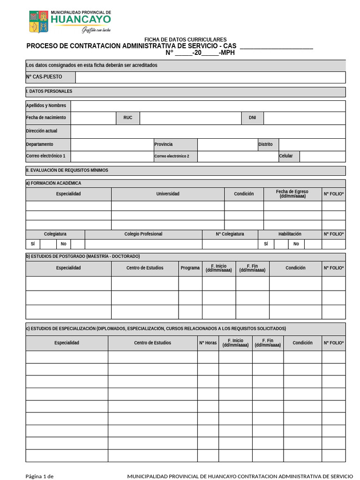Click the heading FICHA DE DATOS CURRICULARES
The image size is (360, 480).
[x=185, y=40]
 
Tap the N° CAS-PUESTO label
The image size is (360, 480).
[x=44, y=77]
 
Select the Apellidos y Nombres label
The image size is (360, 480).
[x=46, y=105]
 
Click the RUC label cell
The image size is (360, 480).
[x=128, y=118]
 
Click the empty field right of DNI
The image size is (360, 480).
[x=304, y=118]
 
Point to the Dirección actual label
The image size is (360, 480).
[x=42, y=131]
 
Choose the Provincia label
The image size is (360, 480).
[x=164, y=144]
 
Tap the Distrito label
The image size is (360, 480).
[x=265, y=144]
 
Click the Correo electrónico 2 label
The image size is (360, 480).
[x=172, y=156]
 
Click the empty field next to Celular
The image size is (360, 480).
[x=322, y=156]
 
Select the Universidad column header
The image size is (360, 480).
[x=168, y=194]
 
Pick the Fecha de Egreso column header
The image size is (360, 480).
[x=292, y=194]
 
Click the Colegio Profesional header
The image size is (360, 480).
[x=143, y=234]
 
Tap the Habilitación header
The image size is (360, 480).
[x=290, y=234]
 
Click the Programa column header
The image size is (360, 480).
[x=190, y=268]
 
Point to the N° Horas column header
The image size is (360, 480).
[x=208, y=343]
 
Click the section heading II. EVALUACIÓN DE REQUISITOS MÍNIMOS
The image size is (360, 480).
[x=67, y=171]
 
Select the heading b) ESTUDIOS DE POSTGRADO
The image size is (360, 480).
[x=83, y=256]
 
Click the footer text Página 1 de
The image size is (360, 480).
[x=39, y=477]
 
